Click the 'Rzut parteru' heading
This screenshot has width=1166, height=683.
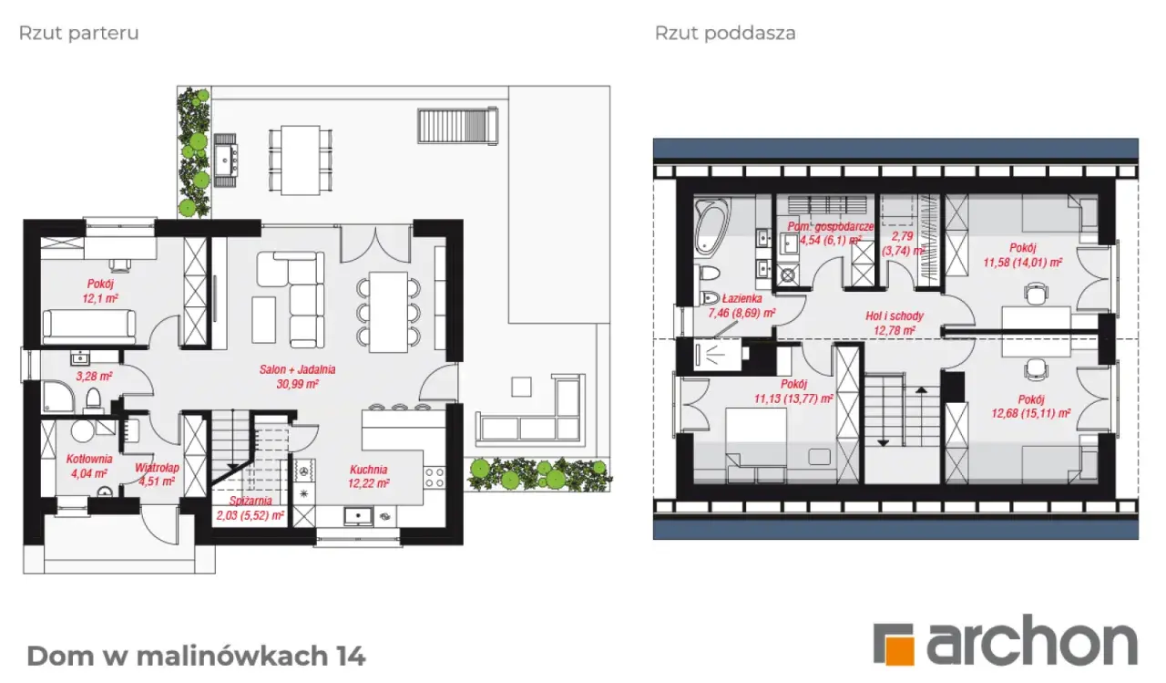(x=79, y=34)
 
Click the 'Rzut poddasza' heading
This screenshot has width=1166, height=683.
(x=725, y=34)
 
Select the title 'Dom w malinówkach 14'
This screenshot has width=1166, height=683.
(x=196, y=656)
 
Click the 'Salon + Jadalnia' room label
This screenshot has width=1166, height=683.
(x=298, y=369)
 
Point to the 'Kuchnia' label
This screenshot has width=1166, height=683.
(x=369, y=470)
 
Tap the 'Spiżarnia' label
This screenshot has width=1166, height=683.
(x=251, y=501)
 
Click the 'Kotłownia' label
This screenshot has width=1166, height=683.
(x=89, y=459)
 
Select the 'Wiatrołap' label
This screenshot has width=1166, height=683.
(x=157, y=467)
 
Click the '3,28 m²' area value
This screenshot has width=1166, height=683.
(x=94, y=376)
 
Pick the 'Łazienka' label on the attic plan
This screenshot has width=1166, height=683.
(x=742, y=298)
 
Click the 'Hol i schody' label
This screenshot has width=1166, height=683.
(x=895, y=316)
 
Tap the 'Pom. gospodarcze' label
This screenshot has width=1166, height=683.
(x=830, y=227)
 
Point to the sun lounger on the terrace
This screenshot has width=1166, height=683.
(x=457, y=125)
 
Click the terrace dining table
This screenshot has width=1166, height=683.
(x=301, y=160)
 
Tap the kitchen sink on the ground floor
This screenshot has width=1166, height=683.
(x=358, y=516)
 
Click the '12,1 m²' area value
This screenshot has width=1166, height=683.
(x=100, y=298)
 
